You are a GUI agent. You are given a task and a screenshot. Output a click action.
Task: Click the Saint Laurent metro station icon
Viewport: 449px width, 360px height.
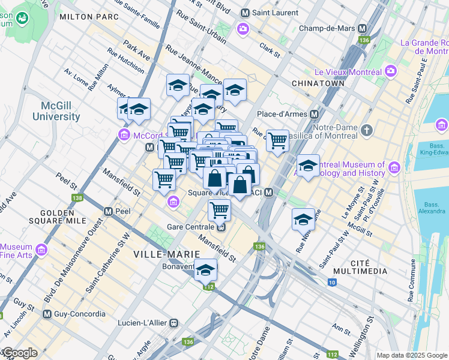245,13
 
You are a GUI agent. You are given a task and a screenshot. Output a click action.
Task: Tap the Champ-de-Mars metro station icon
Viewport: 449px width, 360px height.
362,28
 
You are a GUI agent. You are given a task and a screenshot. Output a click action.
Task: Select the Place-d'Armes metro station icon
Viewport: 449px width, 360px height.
314,114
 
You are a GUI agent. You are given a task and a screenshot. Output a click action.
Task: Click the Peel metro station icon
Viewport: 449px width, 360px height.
109,212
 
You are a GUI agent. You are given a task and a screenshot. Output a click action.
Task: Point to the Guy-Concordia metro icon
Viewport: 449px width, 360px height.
47,314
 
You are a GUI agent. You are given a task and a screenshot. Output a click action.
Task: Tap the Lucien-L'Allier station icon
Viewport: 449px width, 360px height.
174,323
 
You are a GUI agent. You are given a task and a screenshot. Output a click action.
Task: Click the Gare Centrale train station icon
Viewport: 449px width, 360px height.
221,227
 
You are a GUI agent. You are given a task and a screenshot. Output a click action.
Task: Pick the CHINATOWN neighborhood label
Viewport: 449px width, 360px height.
318,83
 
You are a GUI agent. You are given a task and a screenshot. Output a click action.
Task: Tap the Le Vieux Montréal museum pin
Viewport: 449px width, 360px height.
391,71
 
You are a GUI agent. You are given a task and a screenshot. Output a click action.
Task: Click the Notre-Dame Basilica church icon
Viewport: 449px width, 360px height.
366,129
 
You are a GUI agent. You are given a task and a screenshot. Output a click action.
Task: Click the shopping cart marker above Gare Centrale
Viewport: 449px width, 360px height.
220,210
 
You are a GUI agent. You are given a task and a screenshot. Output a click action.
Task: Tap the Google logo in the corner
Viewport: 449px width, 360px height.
20,353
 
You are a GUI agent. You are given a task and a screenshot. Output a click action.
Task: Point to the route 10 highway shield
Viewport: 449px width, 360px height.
332,283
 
